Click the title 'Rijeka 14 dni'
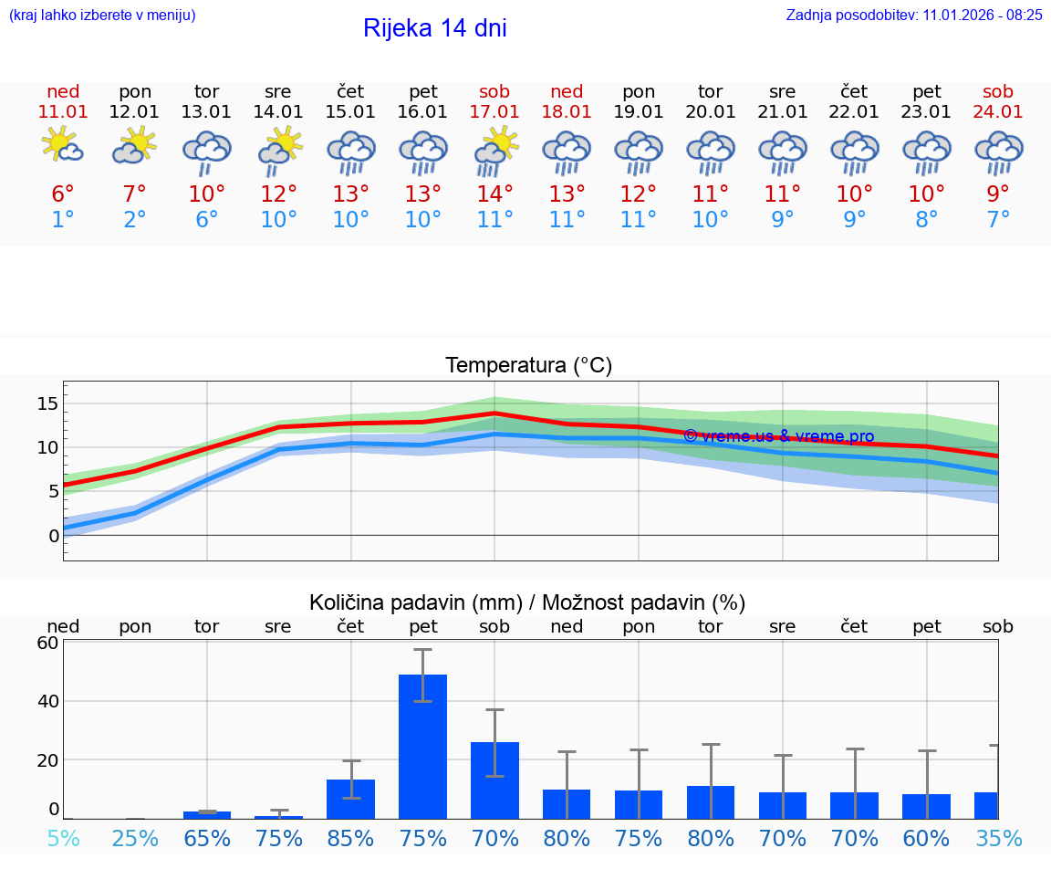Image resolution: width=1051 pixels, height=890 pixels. [x=434, y=28]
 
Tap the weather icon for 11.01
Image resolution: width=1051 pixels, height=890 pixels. [x=63, y=146]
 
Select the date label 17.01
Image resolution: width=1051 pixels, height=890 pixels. [x=494, y=112]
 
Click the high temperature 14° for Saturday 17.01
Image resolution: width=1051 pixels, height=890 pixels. [x=494, y=194]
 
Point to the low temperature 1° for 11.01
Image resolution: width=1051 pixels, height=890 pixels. [x=63, y=220]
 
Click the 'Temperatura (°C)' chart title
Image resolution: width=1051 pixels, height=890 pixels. [x=528, y=366]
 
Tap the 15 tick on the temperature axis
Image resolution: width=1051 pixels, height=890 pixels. [x=47, y=403]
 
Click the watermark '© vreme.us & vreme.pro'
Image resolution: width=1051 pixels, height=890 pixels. [x=778, y=436]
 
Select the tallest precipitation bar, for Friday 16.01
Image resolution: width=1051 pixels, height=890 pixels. [x=422, y=746]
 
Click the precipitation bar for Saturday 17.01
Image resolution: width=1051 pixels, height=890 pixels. [x=494, y=780]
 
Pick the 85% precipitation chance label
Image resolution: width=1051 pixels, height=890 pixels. [x=350, y=838]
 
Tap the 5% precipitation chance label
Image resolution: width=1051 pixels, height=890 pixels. [x=63, y=838]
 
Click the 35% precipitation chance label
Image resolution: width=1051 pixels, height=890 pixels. [x=997, y=838]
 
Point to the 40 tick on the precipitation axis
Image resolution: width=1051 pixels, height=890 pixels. [x=47, y=701]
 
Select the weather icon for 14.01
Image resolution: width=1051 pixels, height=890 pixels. [x=278, y=150]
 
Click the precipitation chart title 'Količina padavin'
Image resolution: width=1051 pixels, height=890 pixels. [x=527, y=602]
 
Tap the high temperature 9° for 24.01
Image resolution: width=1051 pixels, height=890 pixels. [x=998, y=194]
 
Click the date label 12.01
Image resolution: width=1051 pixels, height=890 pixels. [x=134, y=112]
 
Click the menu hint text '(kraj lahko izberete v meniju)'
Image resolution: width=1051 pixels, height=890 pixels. [x=102, y=15]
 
